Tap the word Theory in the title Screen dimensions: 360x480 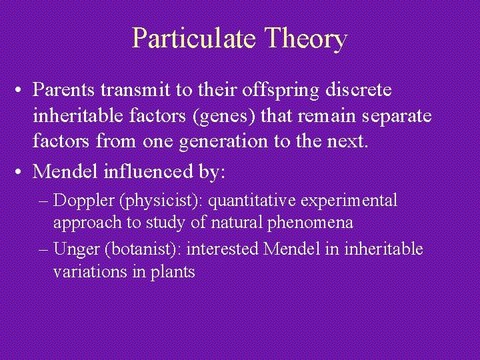305,38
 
